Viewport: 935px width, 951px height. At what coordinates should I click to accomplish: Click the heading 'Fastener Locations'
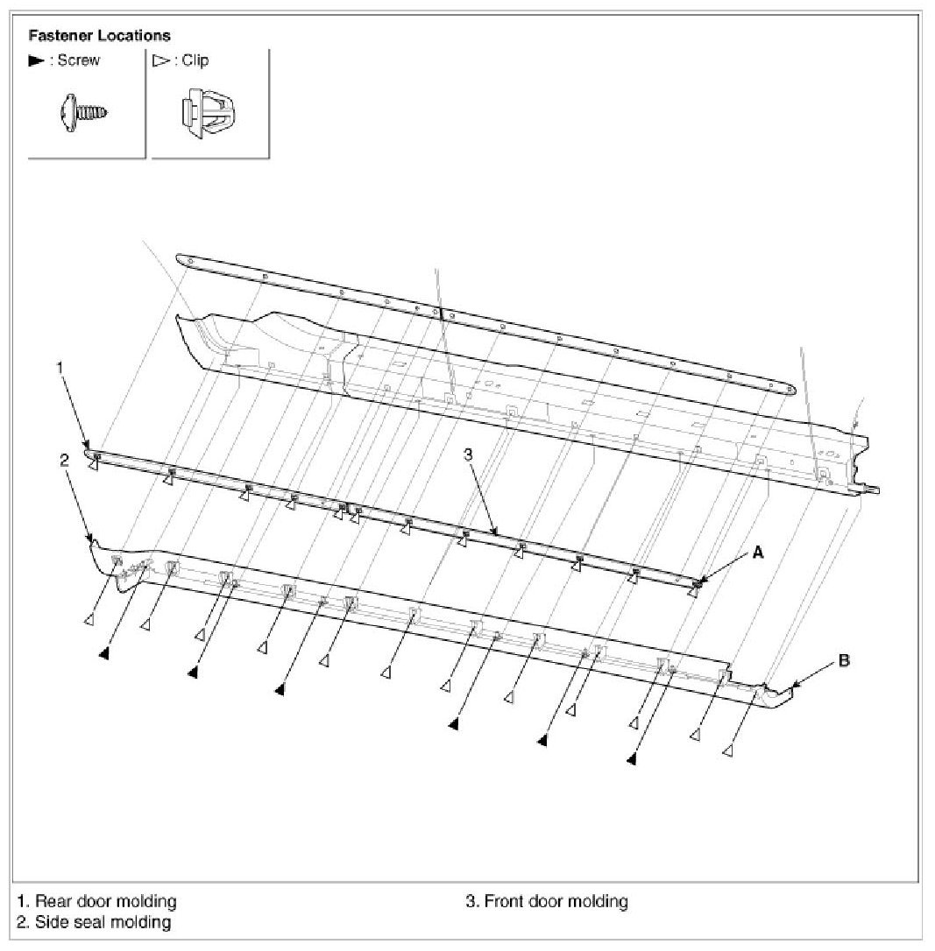[x=99, y=36]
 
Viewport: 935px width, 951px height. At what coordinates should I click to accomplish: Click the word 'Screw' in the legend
[x=79, y=61]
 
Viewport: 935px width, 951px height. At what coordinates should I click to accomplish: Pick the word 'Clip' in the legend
[x=195, y=61]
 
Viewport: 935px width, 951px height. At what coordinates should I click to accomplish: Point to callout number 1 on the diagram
[x=60, y=368]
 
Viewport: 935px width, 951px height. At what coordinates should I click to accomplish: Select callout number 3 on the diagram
[x=468, y=454]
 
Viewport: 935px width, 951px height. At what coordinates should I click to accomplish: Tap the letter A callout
[x=759, y=552]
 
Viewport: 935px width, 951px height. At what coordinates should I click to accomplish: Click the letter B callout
[x=843, y=660]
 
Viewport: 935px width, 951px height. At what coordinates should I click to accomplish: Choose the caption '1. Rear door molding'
[x=97, y=901]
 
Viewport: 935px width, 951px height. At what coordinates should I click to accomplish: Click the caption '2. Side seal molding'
[x=94, y=922]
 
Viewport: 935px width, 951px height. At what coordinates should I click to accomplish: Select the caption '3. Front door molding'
[x=546, y=901]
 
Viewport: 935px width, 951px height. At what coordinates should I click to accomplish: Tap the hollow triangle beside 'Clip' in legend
[x=160, y=61]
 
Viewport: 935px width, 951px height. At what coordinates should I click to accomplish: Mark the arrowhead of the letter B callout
[x=793, y=686]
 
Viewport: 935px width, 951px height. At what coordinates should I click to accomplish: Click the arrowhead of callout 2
[x=91, y=541]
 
